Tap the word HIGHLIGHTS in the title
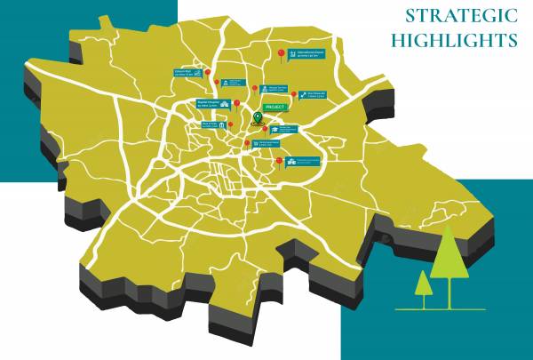tap(454, 40)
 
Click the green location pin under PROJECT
tap(258, 117)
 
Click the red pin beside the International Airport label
tap(282, 56)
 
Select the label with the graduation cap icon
tap(288, 130)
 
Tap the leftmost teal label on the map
tap(186, 75)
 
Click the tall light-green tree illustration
tap(449, 258)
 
